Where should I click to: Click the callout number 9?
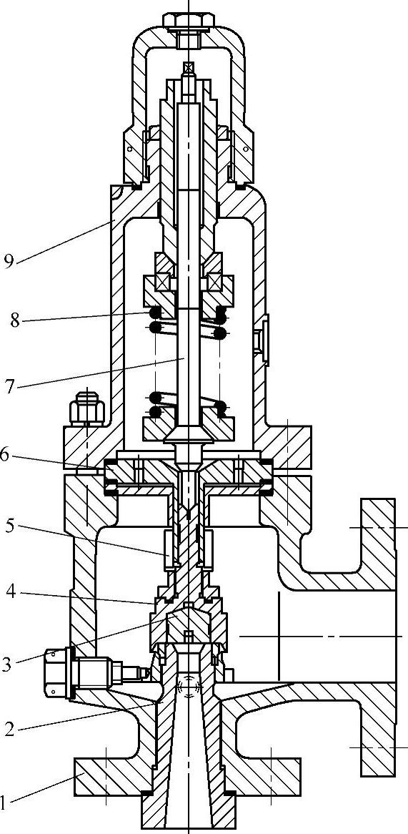tap(9, 263)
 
